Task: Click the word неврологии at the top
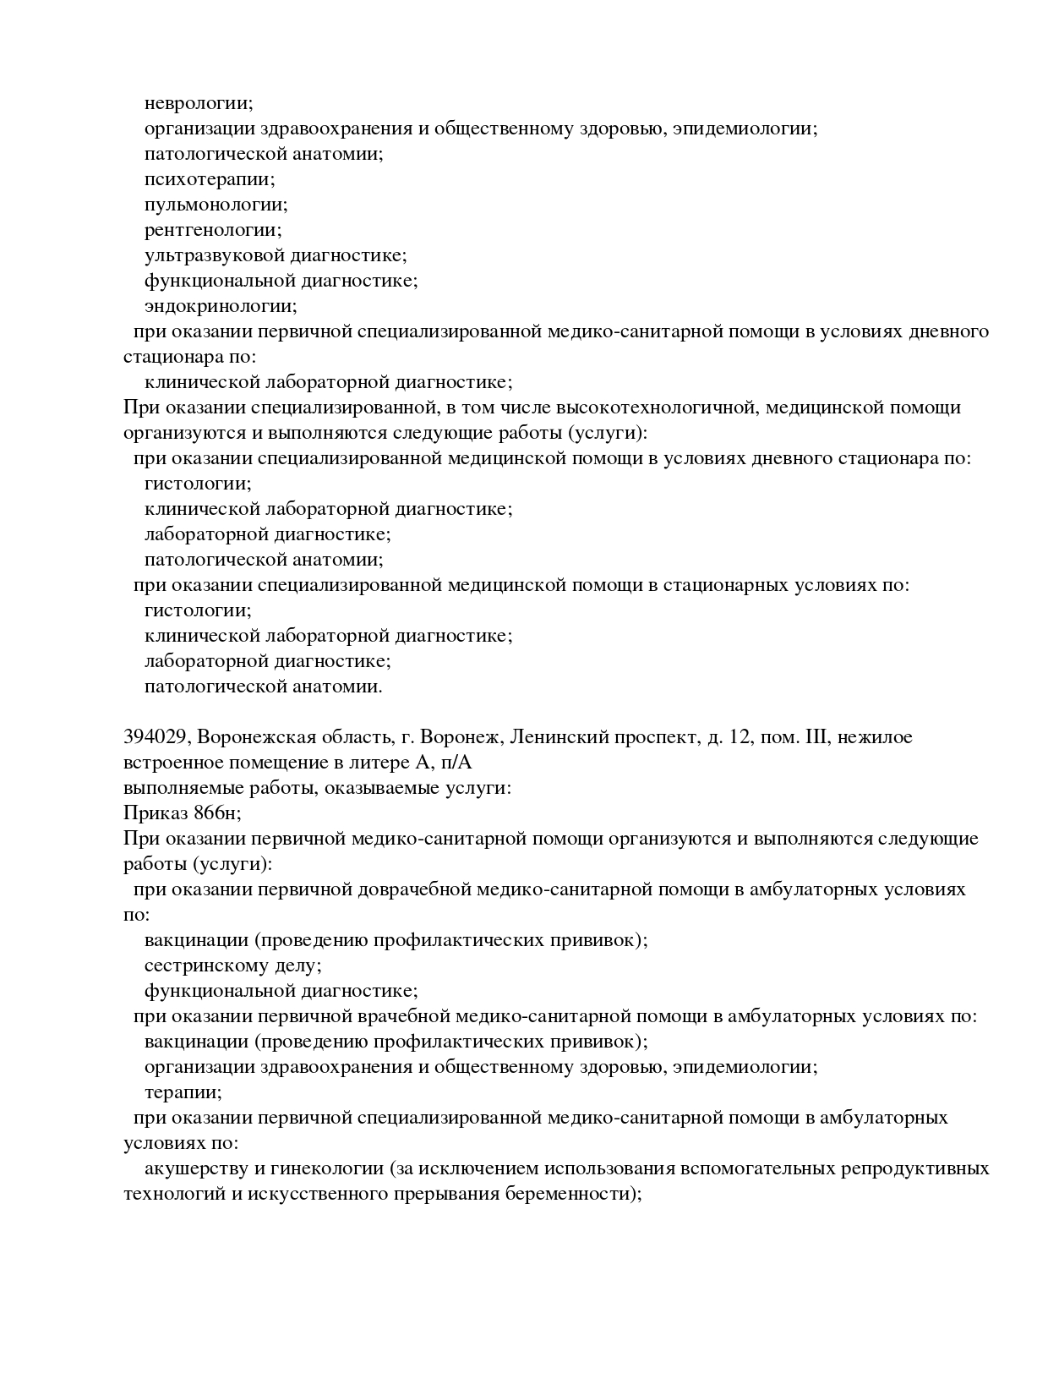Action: [198, 103]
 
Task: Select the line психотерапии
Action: [210, 179]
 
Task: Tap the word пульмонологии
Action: [216, 205]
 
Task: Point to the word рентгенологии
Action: [213, 230]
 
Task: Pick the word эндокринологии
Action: [221, 306]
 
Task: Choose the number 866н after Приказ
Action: [216, 813]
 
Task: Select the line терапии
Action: [183, 1092]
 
